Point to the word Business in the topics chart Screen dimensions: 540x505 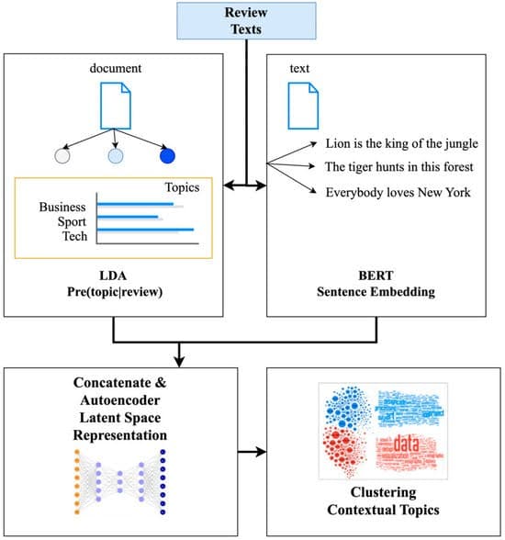coord(62,207)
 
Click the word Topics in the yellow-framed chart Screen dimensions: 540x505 coord(181,187)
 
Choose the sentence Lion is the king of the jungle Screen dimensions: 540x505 coord(402,144)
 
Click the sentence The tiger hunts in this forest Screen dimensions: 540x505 coord(399,168)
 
